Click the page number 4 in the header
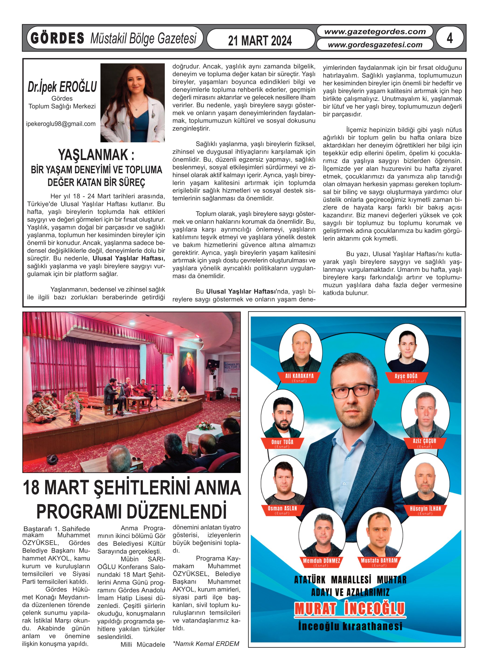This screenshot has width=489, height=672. pos(450,38)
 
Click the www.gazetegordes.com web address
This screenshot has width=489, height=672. pos(375,32)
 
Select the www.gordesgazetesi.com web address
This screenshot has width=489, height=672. pos(375,45)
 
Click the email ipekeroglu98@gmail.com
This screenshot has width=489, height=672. pos(61,124)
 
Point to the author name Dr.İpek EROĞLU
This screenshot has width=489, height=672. pos(62,86)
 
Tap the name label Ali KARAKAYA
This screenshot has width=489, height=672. pos(299,376)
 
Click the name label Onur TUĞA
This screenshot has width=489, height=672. pos(282,442)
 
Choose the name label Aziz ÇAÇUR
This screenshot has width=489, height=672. pos(424,441)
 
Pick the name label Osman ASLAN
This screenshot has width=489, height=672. pos(282,509)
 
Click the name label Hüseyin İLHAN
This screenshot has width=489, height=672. pos(425,509)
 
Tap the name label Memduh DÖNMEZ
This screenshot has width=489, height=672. pos(321,561)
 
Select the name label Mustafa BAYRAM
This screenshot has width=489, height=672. pos(379,561)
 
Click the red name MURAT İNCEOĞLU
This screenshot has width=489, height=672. pos(350,609)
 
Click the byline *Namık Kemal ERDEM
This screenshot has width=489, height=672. pos(206,644)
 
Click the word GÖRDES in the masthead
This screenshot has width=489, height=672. pos(58,38)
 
